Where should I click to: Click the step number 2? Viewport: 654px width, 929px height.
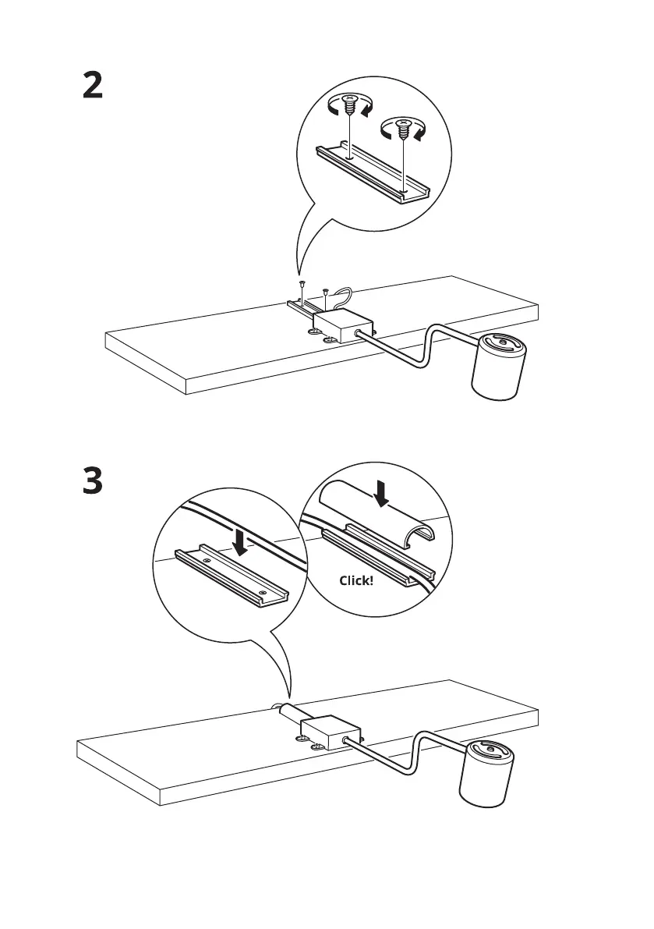(93, 86)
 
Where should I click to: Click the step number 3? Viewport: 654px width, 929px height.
(93, 481)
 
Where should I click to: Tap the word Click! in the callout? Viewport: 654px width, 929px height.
(356, 580)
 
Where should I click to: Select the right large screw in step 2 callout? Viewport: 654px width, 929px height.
(403, 129)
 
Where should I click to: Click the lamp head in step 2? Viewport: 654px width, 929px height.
(501, 367)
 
